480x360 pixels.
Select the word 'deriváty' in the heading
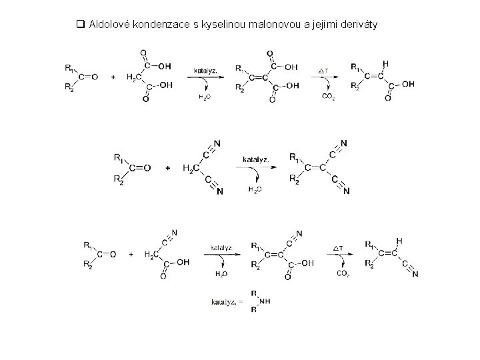358,25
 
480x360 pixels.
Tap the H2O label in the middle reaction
255,189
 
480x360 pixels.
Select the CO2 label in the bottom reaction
343,273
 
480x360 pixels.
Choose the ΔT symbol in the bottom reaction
339,248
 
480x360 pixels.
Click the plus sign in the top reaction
113,77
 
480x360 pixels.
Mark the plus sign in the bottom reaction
131,254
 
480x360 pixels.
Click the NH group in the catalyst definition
265,301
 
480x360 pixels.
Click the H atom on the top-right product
386,64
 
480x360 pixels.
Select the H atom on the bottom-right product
399,241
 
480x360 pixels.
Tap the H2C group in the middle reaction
191,168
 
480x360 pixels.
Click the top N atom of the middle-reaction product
343,143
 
